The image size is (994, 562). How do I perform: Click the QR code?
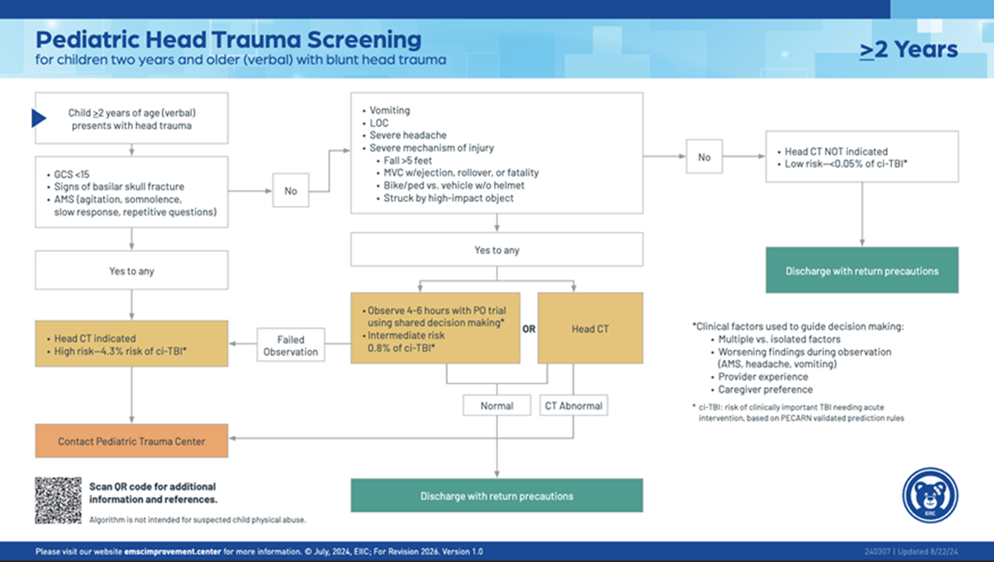[58, 500]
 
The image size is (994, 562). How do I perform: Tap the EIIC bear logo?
[930, 496]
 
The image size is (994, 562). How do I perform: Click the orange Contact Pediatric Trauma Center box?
[131, 441]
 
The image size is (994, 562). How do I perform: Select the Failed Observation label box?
[291, 345]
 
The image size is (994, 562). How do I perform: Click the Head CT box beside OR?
[590, 328]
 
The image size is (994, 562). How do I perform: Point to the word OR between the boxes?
[529, 329]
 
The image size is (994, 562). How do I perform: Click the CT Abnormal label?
[573, 406]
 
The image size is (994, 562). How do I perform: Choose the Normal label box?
[497, 406]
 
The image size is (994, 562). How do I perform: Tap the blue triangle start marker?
[39, 118]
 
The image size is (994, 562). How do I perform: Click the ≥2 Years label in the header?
[908, 50]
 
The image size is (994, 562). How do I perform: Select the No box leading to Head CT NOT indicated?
[704, 156]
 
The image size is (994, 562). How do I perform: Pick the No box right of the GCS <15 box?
[290, 191]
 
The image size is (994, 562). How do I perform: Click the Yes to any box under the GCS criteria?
[131, 271]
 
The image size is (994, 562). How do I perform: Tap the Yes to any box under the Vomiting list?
[497, 250]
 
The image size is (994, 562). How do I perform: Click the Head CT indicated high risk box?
[131, 343]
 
